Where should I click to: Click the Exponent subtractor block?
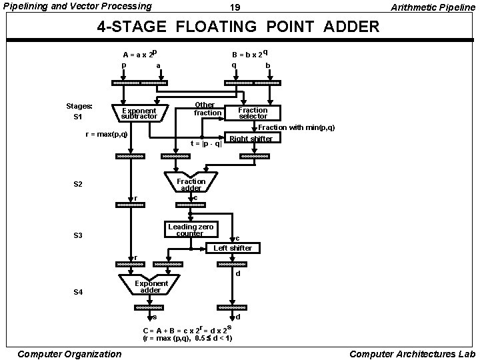click(x=139, y=113)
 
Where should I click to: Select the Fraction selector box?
click(x=253, y=113)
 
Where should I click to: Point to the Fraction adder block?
click(x=191, y=185)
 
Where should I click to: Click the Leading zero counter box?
click(x=190, y=230)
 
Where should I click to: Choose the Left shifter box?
click(x=233, y=248)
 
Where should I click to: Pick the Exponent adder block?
click(x=151, y=287)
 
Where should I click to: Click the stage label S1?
click(x=77, y=117)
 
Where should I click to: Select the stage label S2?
click(x=77, y=184)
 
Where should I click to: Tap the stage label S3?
click(x=77, y=235)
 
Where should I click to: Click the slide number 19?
click(x=234, y=7)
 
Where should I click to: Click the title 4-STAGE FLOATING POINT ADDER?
click(x=238, y=27)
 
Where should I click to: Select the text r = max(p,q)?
click(x=107, y=134)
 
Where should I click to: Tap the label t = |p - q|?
click(x=206, y=143)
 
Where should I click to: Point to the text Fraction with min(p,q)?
click(x=296, y=127)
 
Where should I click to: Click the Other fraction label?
click(x=206, y=109)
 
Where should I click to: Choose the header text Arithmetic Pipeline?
click(x=433, y=7)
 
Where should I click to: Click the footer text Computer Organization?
click(x=69, y=353)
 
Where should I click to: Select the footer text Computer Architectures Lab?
click(x=411, y=353)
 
